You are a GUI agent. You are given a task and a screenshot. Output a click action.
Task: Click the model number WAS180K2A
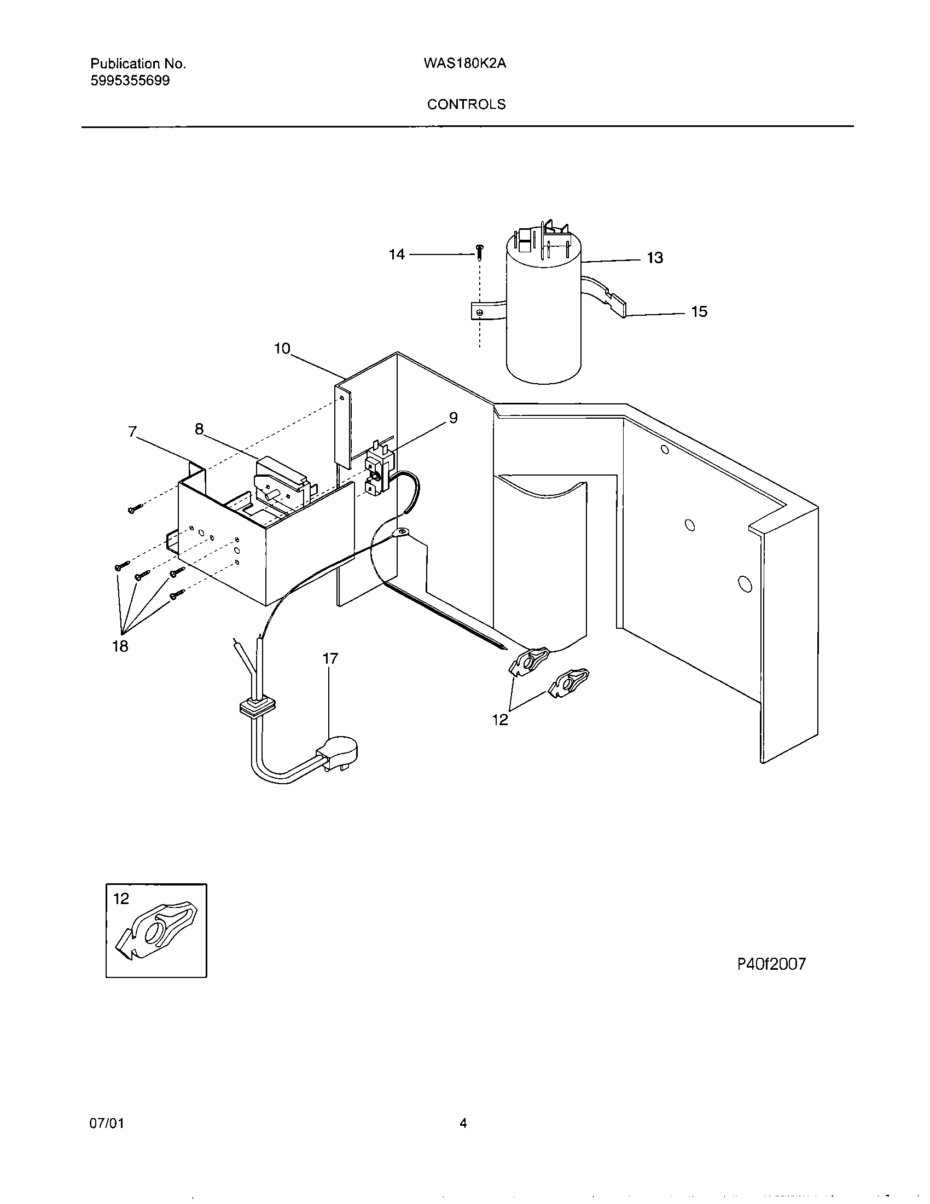pyautogui.click(x=464, y=63)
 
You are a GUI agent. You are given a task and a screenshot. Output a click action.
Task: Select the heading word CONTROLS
pyautogui.click(x=466, y=104)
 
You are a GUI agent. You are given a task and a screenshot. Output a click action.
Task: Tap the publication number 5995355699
pyautogui.click(x=130, y=81)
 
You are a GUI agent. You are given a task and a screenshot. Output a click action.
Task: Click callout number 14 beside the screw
pyautogui.click(x=397, y=254)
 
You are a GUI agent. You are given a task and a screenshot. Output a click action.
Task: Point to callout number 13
pyautogui.click(x=654, y=257)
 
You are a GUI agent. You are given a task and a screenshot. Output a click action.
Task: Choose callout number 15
pyautogui.click(x=699, y=311)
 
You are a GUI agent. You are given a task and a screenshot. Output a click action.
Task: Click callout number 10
pyautogui.click(x=282, y=349)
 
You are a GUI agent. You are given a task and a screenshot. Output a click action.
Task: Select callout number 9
pyautogui.click(x=453, y=418)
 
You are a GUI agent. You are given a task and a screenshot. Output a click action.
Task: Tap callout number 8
pyautogui.click(x=199, y=429)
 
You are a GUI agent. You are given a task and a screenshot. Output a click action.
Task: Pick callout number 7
pyautogui.click(x=132, y=432)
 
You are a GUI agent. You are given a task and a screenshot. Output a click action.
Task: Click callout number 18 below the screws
pyautogui.click(x=120, y=646)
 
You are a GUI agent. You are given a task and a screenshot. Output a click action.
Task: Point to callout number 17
pyautogui.click(x=330, y=658)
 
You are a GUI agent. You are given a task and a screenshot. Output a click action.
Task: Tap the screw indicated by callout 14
pyautogui.click(x=479, y=253)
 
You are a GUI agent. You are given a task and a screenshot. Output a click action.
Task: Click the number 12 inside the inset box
pyautogui.click(x=121, y=899)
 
